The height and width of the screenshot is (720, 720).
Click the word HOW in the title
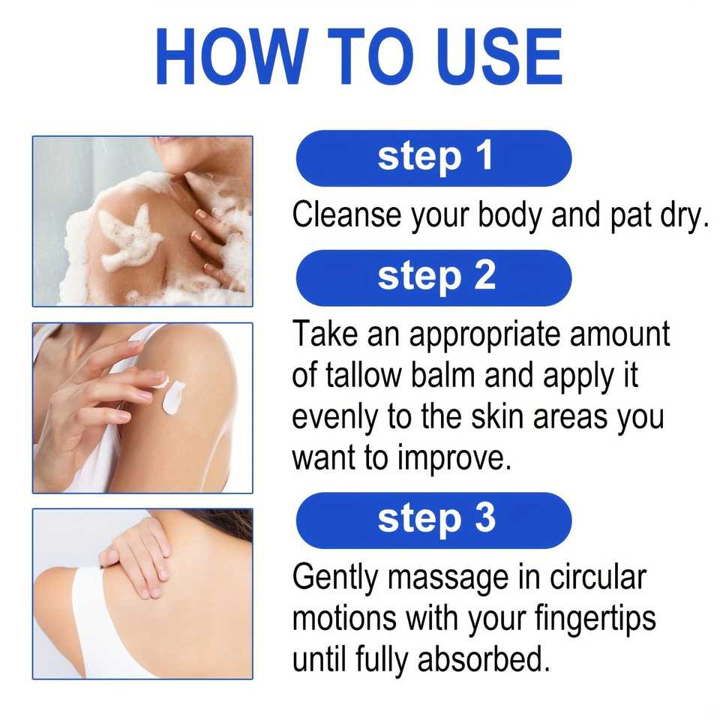click(x=232, y=56)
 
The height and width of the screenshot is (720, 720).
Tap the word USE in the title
click(x=499, y=56)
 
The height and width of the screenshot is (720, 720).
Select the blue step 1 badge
click(x=434, y=158)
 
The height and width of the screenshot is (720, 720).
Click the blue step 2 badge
click(x=434, y=277)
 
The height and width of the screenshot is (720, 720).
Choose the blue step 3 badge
click(x=434, y=520)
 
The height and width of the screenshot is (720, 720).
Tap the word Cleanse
click(x=346, y=215)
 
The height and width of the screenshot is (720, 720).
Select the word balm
click(x=443, y=375)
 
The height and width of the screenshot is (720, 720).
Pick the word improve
click(x=454, y=459)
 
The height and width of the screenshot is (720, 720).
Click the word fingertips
click(x=595, y=619)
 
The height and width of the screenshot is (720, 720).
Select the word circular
click(x=598, y=577)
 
